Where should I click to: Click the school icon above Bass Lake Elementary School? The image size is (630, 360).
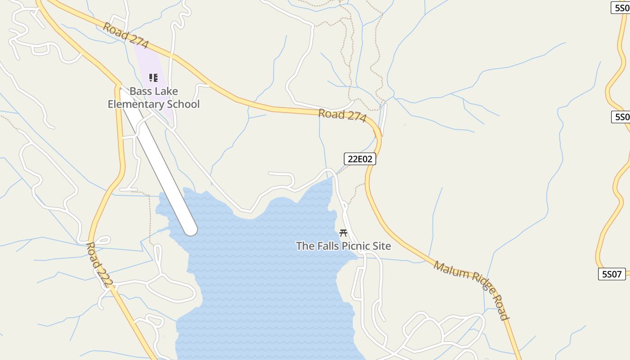(153, 78)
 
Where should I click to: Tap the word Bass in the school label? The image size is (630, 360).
(141, 91)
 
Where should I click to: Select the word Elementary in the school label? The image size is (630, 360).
(136, 104)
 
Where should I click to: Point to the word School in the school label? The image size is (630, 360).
(183, 104)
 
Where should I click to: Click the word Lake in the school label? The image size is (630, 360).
(166, 91)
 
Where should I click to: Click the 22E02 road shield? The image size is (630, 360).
(360, 159)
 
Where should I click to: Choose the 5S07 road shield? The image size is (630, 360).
(612, 274)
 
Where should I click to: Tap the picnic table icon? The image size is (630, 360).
(343, 233)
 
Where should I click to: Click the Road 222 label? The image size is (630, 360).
(99, 265)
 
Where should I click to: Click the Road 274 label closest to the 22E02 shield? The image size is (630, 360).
(342, 115)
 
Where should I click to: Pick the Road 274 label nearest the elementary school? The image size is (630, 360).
(126, 35)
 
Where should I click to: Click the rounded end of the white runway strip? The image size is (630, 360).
(191, 229)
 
